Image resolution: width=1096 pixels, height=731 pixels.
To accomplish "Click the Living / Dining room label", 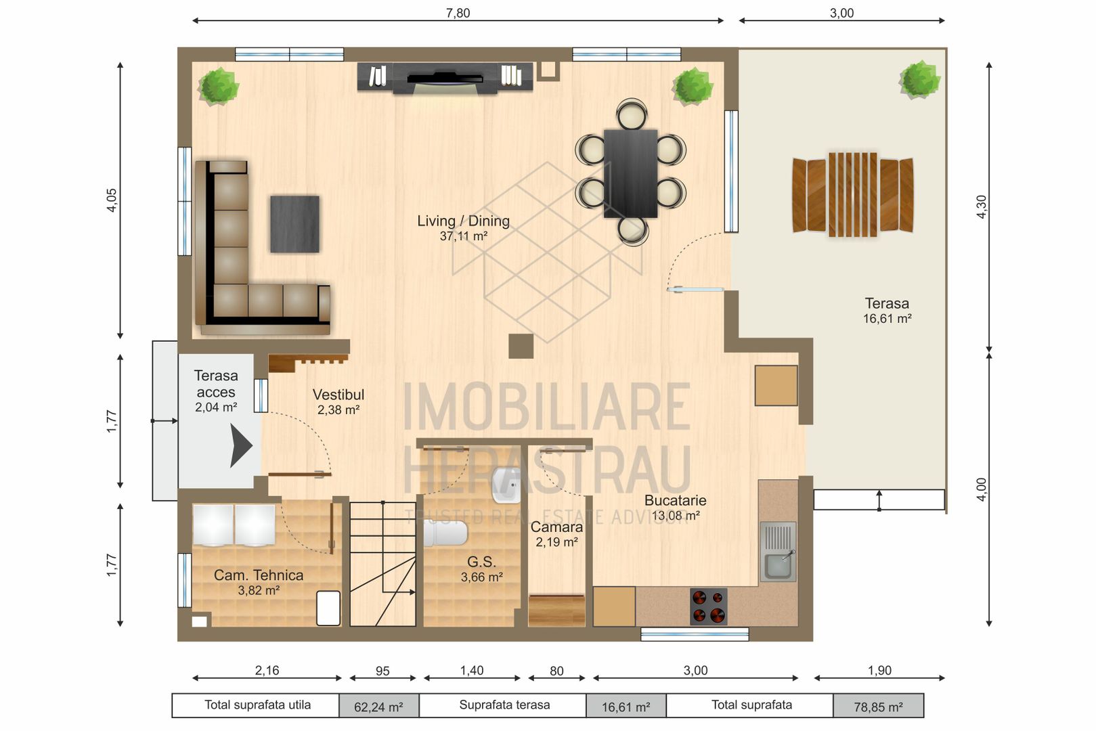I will [x=463, y=221].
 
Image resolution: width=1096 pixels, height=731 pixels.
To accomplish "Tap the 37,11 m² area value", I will [x=463, y=236].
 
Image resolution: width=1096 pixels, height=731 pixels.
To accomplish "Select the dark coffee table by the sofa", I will [x=294, y=224].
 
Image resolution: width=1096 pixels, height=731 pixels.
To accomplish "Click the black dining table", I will [x=630, y=173].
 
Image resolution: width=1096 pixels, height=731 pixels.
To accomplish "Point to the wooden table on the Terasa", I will [x=853, y=195].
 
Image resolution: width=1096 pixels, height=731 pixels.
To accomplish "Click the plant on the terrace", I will [x=919, y=80].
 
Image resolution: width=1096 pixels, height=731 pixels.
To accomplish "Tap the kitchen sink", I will [x=778, y=552].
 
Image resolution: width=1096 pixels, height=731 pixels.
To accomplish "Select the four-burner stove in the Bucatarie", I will [x=708, y=606].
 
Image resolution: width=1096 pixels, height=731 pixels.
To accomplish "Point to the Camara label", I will [x=556, y=527].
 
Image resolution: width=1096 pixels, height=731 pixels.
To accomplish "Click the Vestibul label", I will [x=338, y=395].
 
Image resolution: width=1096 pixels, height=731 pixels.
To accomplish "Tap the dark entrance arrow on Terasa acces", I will [x=240, y=445].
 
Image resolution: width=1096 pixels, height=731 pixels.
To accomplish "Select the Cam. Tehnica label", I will [x=259, y=575].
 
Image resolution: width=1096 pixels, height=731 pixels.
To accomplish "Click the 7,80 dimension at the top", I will [x=458, y=13].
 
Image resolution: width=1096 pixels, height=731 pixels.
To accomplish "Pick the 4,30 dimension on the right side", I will [x=981, y=206].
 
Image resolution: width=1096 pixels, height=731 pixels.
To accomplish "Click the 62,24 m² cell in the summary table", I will [x=378, y=707].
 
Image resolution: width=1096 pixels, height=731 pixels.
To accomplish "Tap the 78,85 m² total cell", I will [x=878, y=707].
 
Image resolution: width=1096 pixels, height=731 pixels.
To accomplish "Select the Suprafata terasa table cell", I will [x=504, y=705].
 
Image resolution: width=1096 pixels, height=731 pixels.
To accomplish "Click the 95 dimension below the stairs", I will [x=382, y=671].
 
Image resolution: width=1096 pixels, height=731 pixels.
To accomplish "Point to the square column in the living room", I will [x=521, y=346].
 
